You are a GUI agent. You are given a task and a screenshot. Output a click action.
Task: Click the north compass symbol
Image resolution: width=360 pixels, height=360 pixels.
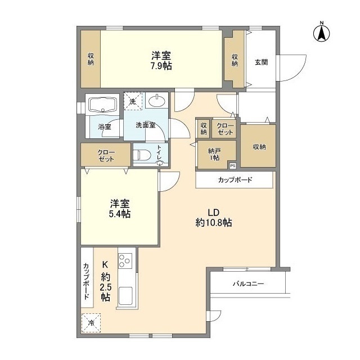[x=322, y=33]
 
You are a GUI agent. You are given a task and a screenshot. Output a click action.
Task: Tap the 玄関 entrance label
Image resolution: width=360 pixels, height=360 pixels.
[x=260, y=62]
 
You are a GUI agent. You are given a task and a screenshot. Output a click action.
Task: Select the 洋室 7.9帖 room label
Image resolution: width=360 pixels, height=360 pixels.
[x=161, y=60]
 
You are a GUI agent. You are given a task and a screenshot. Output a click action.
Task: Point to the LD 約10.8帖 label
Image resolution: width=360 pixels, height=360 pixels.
[x=213, y=218]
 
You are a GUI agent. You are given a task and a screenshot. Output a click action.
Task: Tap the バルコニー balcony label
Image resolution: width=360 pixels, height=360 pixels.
[x=248, y=284]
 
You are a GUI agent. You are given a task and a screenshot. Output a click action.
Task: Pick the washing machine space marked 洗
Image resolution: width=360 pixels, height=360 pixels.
[x=133, y=101]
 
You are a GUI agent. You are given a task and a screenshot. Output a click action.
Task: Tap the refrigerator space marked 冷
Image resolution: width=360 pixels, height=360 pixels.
[x=91, y=323]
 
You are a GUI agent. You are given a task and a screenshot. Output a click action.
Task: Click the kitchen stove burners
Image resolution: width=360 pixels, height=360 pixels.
[x=125, y=260]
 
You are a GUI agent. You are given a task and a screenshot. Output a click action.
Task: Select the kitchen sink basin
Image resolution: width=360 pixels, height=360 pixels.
[x=124, y=295]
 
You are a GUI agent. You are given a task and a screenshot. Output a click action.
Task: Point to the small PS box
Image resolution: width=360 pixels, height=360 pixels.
[x=232, y=165]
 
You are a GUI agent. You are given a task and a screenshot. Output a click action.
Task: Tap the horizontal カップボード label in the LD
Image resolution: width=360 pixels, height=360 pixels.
[x=235, y=181]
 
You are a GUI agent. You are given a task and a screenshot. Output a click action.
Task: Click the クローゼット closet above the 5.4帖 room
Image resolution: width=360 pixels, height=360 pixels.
[x=106, y=155]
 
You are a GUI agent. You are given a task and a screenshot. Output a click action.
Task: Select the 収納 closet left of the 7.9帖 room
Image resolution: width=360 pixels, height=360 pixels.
[x=91, y=59]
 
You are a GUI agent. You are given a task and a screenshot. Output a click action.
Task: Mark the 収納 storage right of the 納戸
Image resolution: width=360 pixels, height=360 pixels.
[x=259, y=146]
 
